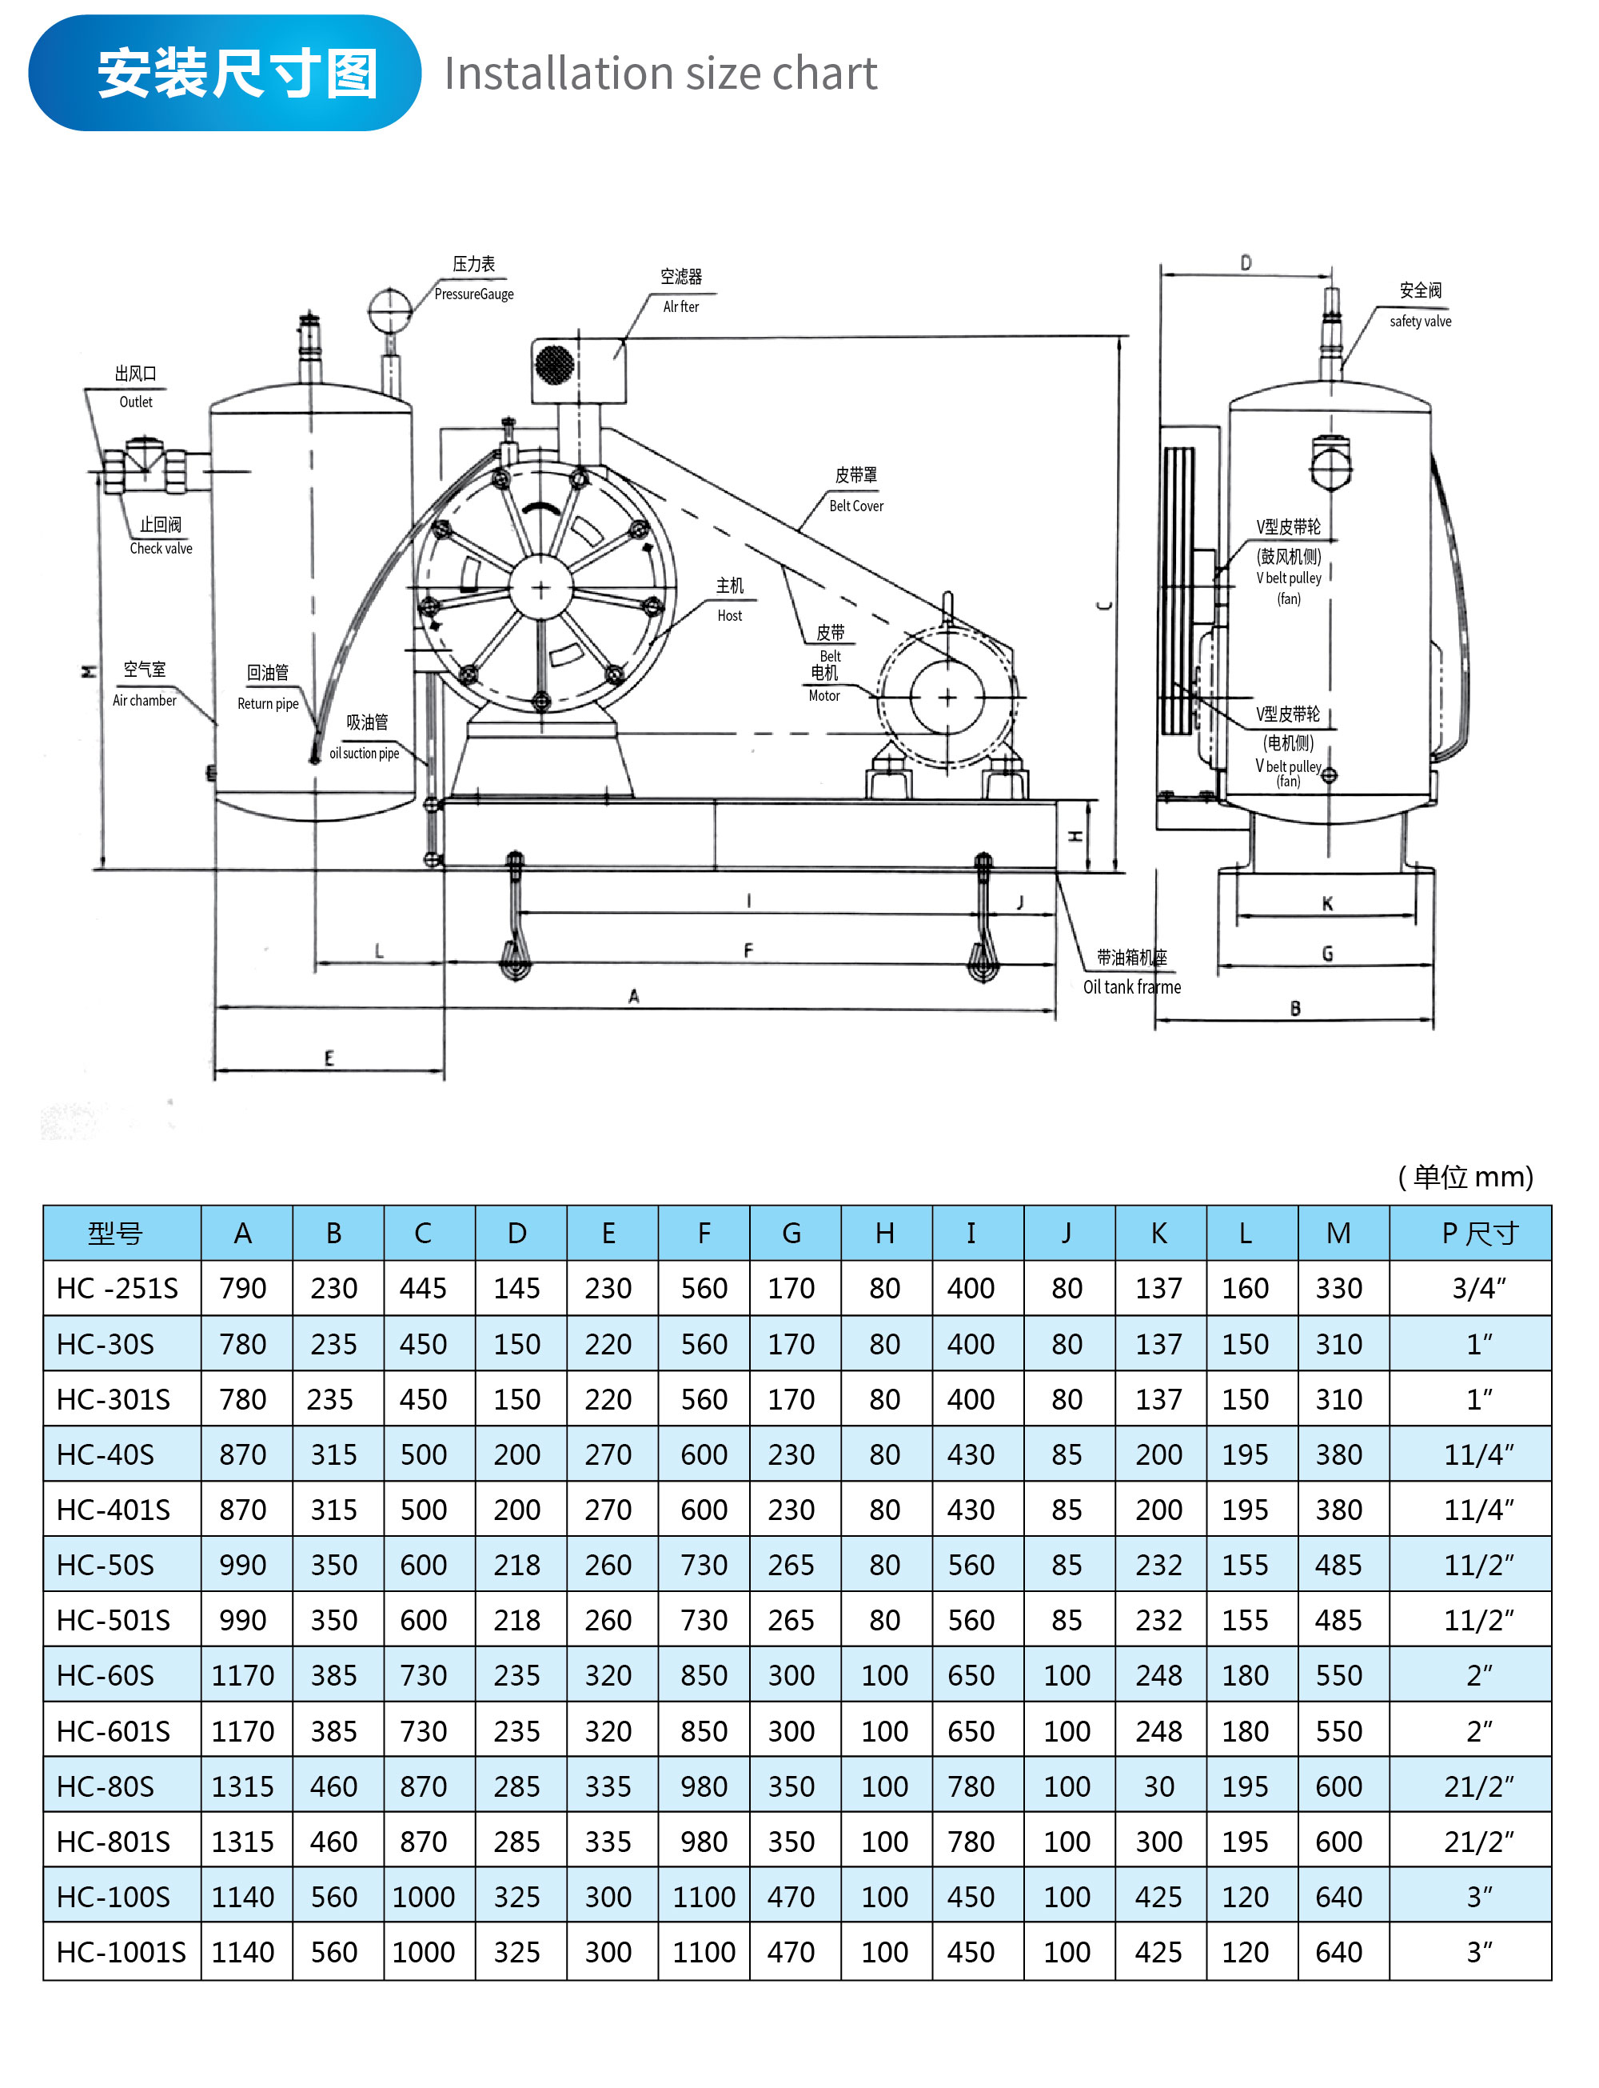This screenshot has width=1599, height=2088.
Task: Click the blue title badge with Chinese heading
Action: [225, 74]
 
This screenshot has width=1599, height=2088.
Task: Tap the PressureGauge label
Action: [474, 294]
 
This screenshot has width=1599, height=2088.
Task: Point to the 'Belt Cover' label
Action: [855, 506]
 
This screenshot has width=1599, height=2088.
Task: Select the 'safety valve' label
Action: [1420, 321]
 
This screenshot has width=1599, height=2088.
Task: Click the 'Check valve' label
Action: [161, 549]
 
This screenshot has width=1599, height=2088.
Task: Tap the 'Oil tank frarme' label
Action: [1131, 986]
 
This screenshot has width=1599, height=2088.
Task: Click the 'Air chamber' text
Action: [145, 701]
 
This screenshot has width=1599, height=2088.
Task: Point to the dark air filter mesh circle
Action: [555, 364]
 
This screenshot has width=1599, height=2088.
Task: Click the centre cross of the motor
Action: [947, 698]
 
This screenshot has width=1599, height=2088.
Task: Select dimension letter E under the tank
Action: [329, 1058]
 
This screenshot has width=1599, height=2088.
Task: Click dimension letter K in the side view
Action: [1328, 903]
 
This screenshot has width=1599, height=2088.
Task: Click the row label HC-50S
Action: [106, 1566]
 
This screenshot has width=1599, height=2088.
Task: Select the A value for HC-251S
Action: [243, 1288]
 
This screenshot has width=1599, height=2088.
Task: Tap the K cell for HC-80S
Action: [1158, 1786]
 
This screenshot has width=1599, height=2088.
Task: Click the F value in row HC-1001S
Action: [704, 1952]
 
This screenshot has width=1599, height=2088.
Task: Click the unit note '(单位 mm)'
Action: [1465, 1177]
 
